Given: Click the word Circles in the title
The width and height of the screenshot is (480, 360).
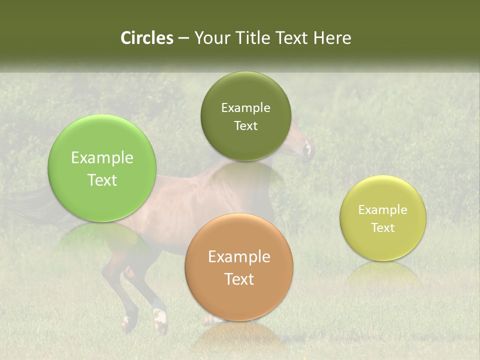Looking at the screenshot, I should tap(146, 38).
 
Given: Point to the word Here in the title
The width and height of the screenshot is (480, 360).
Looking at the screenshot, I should tap(332, 38).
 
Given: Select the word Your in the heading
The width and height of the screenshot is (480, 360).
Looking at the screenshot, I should tap(210, 38).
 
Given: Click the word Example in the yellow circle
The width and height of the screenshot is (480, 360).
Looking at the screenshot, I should tap(383, 209).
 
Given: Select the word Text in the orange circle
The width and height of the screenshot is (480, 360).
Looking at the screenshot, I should tap(239, 278).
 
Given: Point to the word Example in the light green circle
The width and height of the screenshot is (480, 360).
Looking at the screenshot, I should tap(102, 158).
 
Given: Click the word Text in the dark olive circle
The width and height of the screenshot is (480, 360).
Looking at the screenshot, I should tap(245, 125).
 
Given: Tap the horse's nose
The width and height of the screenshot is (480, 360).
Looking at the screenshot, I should tap(309, 150).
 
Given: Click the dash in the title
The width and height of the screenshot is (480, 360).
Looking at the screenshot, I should tap(183, 38).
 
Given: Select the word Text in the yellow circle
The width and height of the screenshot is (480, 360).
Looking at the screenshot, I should tap(383, 227).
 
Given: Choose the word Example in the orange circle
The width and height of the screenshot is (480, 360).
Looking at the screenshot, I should tap(239, 256).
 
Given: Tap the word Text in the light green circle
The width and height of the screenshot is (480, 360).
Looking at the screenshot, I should tap(102, 180).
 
